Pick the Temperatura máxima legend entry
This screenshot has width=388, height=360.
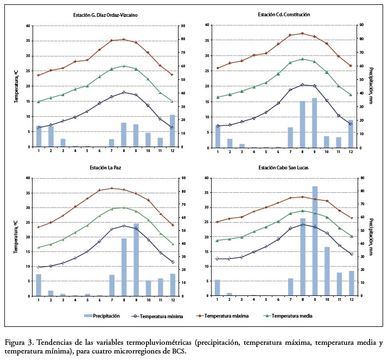226,315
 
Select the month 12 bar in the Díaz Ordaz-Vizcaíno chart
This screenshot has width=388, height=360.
172,131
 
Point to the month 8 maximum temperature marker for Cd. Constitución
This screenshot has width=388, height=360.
302,34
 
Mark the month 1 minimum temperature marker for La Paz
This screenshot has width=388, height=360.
39,267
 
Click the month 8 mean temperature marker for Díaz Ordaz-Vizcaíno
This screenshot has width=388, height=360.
124,66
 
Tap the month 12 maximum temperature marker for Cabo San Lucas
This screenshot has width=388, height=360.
351,218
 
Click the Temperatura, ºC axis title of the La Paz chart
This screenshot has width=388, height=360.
17,237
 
